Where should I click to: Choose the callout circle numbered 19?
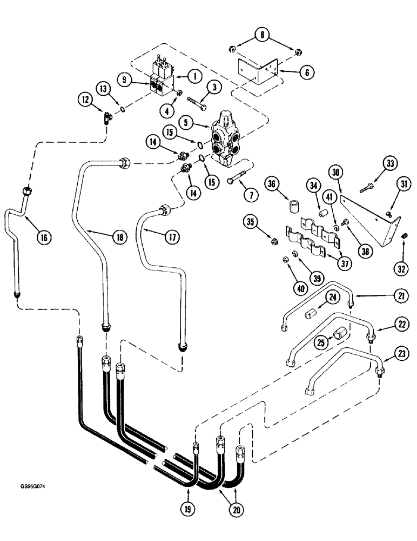pyautogui.click(x=189, y=509)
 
